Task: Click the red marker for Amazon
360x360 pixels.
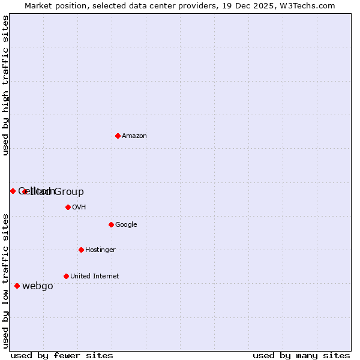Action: point(118,136)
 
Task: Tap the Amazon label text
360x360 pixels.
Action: point(134,136)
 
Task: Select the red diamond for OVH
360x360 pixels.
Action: point(68,207)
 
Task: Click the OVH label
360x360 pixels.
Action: point(79,208)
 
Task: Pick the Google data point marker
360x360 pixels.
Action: point(111,224)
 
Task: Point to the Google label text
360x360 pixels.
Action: point(126,225)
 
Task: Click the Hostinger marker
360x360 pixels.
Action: point(81,250)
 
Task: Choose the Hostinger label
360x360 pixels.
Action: point(100,250)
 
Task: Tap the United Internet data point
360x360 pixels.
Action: point(66,276)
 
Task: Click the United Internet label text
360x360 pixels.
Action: point(95,277)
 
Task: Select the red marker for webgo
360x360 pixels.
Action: point(17,286)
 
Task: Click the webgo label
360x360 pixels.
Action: point(38,286)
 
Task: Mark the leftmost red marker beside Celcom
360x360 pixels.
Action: point(13,191)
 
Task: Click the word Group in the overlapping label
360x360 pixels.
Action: point(69,192)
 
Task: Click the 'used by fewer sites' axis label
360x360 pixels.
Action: point(62,355)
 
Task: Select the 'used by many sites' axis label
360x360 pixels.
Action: point(301,355)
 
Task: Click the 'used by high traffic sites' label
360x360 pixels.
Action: point(6,85)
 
